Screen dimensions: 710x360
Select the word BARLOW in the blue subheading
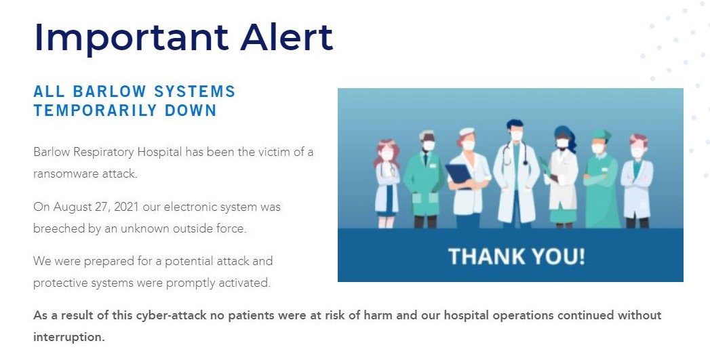tap(109, 92)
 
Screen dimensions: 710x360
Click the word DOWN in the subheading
tap(191, 111)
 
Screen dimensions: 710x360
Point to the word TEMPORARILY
tap(95, 111)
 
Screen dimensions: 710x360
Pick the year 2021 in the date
tap(126, 207)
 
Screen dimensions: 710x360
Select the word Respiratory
tap(103, 153)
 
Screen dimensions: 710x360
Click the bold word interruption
tap(68, 338)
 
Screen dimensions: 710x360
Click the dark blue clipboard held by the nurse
tap(458, 174)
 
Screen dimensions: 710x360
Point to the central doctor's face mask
tap(516, 135)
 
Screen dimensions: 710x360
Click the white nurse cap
tap(466, 132)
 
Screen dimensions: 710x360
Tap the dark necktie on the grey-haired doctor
tap(426, 159)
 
